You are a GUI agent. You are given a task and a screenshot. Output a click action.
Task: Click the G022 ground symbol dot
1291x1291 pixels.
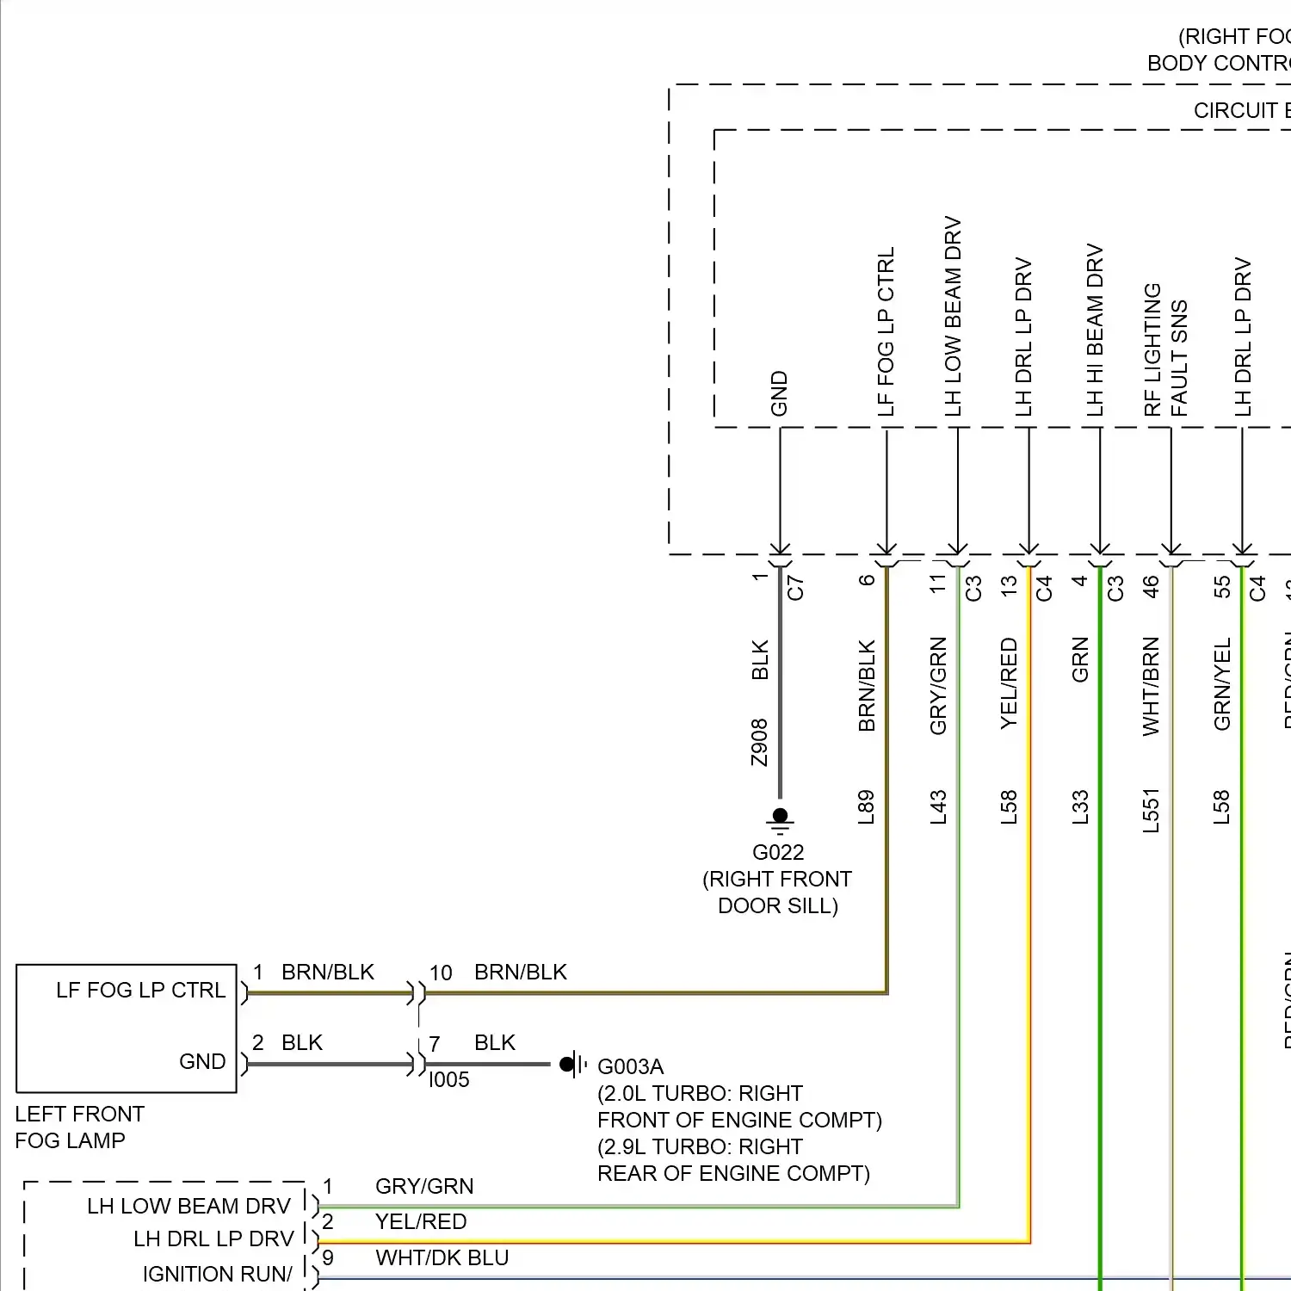pyautogui.click(x=780, y=814)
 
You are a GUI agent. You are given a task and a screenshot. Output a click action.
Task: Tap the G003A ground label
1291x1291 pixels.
pyautogui.click(x=630, y=1067)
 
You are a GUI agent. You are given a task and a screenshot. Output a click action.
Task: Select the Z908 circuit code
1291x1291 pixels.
pyautogui.click(x=759, y=743)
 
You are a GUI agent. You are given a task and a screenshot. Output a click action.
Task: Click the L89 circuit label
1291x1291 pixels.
pyautogui.click(x=866, y=807)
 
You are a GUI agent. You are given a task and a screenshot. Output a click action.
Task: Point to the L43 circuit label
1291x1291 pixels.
pyautogui.click(x=938, y=807)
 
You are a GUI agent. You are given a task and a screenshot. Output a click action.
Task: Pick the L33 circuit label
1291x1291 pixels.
pyautogui.click(x=1080, y=807)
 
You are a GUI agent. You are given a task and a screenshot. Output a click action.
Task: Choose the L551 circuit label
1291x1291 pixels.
pyautogui.click(x=1151, y=811)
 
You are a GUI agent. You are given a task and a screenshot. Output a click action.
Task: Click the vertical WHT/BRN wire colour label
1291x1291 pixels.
pyautogui.click(x=1151, y=686)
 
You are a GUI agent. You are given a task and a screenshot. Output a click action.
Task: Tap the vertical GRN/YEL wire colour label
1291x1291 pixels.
pyautogui.click(x=1222, y=684)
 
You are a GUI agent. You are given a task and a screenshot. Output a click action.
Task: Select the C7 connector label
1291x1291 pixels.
pyautogui.click(x=795, y=588)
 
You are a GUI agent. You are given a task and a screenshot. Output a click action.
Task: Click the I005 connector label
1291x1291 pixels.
pyautogui.click(x=449, y=1080)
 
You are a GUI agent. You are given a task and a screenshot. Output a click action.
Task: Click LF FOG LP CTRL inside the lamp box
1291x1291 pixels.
pyautogui.click(x=140, y=991)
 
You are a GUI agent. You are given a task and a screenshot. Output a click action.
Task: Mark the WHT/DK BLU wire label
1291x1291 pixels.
pyautogui.click(x=442, y=1258)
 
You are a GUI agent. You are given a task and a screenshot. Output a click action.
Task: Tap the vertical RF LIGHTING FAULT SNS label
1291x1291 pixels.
pyautogui.click(x=1165, y=349)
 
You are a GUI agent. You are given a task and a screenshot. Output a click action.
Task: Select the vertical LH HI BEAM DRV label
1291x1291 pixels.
pyautogui.click(x=1095, y=330)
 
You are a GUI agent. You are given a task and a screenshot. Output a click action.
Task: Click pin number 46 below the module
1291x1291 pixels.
pyautogui.click(x=1151, y=586)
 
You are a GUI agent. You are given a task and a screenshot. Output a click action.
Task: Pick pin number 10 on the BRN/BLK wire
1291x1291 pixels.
pyautogui.click(x=441, y=973)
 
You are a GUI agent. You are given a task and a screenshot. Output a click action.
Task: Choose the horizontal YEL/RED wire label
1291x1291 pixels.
pyautogui.click(x=421, y=1222)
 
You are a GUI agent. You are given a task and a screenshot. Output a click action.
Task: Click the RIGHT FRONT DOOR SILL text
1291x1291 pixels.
pyautogui.click(x=777, y=893)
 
